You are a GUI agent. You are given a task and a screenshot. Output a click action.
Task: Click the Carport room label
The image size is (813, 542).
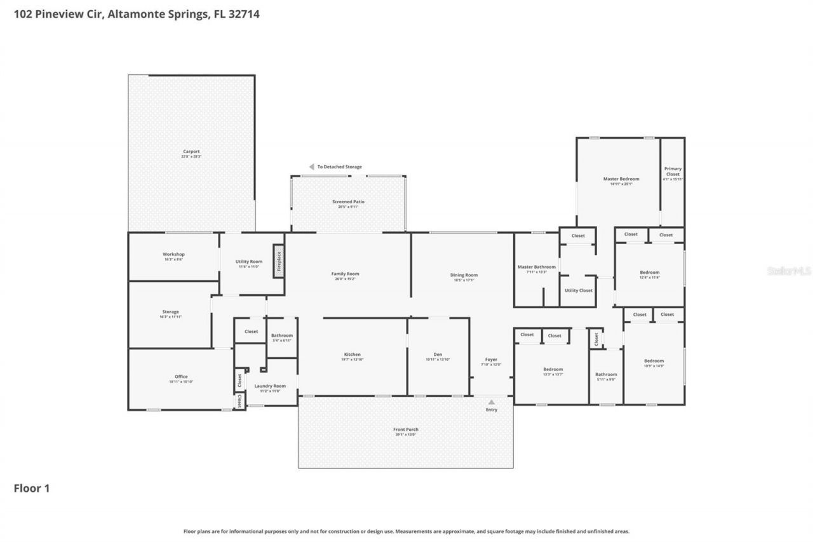coord(191,152)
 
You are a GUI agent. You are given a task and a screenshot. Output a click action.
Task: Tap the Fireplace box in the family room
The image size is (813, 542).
coord(278,261)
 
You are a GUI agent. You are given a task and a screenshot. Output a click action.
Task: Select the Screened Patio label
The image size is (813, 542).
coord(348,202)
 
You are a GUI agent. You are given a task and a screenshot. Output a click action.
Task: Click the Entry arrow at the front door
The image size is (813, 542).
coord(491,402)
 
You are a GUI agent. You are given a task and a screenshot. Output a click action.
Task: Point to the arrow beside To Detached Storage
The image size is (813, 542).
coord(311,167)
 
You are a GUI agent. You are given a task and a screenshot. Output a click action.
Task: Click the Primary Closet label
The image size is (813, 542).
coord(673,172)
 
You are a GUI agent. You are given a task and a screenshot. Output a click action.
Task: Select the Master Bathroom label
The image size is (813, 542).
coord(537,267)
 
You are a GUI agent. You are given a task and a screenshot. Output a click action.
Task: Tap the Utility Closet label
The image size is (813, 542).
coord(578,290)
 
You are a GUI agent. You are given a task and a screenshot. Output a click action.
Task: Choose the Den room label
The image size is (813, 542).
coord(438,355)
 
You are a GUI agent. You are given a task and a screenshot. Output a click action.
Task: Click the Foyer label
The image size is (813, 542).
coord(491,360)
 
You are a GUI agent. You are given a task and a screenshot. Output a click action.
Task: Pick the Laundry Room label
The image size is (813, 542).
coord(270,386)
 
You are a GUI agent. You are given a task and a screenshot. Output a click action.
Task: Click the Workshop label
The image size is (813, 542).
coord(173,254)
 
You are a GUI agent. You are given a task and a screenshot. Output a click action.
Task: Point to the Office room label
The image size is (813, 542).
coord(181,377)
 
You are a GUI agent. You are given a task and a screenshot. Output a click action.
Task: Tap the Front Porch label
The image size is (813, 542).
coord(405,430)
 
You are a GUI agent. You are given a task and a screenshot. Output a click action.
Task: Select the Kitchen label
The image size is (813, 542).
coord(353,355)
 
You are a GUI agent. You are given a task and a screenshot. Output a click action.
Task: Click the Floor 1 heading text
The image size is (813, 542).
coord(32,488)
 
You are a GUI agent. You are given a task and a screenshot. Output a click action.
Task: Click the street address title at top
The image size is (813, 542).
coord(137,14)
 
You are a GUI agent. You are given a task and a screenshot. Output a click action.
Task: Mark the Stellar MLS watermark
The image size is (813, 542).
coord(789,271)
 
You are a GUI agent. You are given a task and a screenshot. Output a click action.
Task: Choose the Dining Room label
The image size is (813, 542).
coord(464,275)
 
